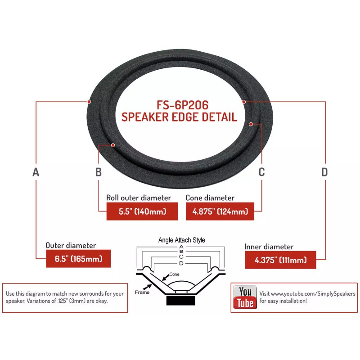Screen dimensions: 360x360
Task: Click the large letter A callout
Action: click(36, 172)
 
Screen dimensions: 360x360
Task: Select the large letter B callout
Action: click(99, 172)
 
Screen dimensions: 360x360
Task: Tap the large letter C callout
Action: click(261, 172)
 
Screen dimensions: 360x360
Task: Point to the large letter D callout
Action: click(324, 172)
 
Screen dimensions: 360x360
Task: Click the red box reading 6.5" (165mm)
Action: click(78, 259)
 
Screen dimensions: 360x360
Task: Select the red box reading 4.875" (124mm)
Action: click(220, 211)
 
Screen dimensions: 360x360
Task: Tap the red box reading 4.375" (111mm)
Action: click(280, 260)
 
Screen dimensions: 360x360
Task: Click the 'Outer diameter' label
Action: click(71, 246)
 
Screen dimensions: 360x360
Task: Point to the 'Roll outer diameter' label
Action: click(139, 198)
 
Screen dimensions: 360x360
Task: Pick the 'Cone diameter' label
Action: click(210, 198)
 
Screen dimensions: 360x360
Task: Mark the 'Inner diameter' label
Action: click(269, 247)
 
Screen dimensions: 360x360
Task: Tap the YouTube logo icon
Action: click(245, 297)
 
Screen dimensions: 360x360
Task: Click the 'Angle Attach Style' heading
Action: click(181, 240)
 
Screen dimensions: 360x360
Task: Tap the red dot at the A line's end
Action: click(89, 102)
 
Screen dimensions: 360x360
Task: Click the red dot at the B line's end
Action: click(113, 145)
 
